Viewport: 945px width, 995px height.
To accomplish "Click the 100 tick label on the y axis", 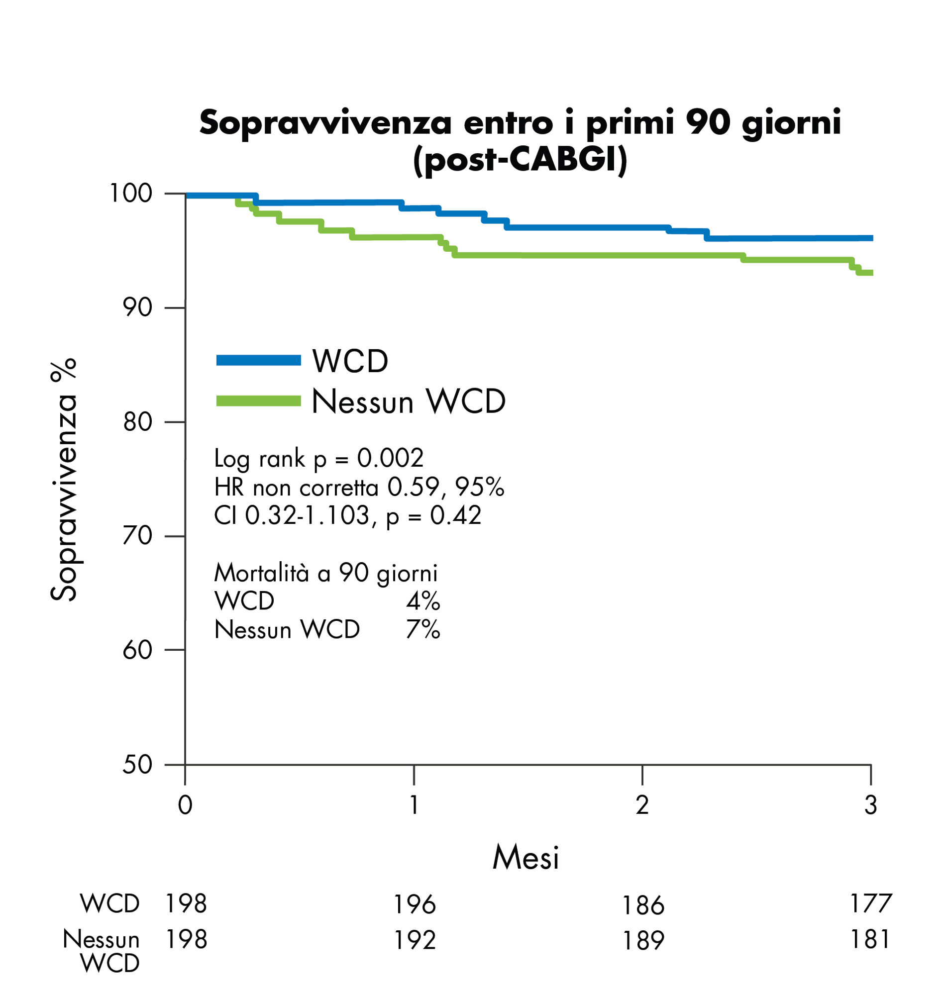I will tap(130, 194).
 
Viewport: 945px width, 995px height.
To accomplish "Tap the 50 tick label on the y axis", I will tap(137, 765).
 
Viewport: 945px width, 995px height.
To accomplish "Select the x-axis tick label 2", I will tap(642, 805).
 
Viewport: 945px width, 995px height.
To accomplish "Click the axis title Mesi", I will tap(525, 858).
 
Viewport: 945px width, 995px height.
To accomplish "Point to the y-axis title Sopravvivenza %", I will tap(64, 480).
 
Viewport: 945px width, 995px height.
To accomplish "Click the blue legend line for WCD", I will tap(258, 361).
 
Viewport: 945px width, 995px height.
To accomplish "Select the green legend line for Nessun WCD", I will tap(258, 401).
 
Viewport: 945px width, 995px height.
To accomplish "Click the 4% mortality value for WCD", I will tap(423, 600).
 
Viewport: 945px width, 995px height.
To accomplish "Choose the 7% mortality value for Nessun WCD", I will tap(423, 629).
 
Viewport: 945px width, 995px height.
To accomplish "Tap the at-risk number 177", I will tap(870, 903).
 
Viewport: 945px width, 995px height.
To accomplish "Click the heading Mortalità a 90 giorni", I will tap(325, 573).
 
